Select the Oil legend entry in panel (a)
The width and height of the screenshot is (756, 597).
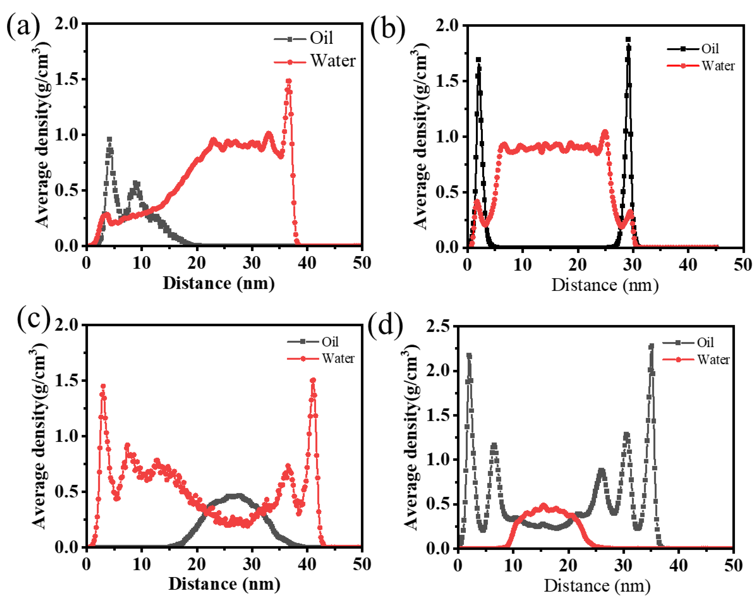point(321,38)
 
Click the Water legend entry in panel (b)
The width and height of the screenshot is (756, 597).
point(718,65)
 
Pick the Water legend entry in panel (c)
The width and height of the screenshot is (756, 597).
point(338,358)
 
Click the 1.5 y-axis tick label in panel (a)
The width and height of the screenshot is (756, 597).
point(66,79)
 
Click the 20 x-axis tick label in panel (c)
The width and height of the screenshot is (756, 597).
point(196,564)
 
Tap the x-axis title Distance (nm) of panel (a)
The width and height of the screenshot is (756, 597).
point(219,283)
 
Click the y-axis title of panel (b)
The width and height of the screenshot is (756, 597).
point(421,136)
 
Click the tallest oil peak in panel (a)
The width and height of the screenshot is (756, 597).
point(110,139)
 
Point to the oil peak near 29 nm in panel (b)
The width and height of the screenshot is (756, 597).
point(628,40)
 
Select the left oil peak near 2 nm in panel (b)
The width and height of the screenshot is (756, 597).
point(478,60)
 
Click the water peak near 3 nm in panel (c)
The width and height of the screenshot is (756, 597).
point(103,386)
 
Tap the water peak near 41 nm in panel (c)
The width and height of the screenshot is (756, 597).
point(313,380)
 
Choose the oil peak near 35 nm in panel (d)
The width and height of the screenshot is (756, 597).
point(651,346)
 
